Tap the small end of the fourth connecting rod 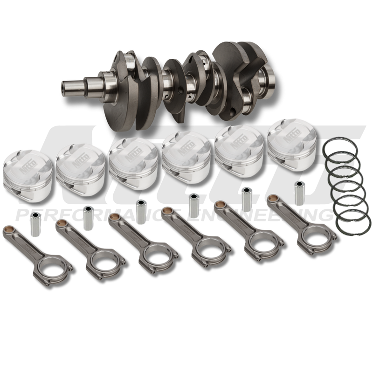point(167,213)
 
